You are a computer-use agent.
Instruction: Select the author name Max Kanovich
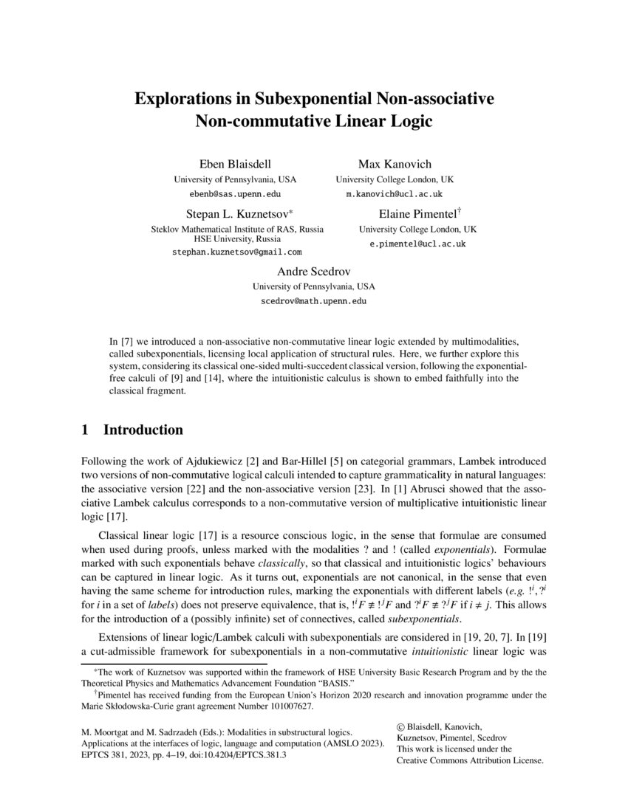tap(395, 163)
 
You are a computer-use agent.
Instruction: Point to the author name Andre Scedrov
tap(314, 271)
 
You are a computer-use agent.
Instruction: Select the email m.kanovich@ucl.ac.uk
tap(395, 194)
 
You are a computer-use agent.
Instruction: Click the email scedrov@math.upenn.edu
tap(314, 301)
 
